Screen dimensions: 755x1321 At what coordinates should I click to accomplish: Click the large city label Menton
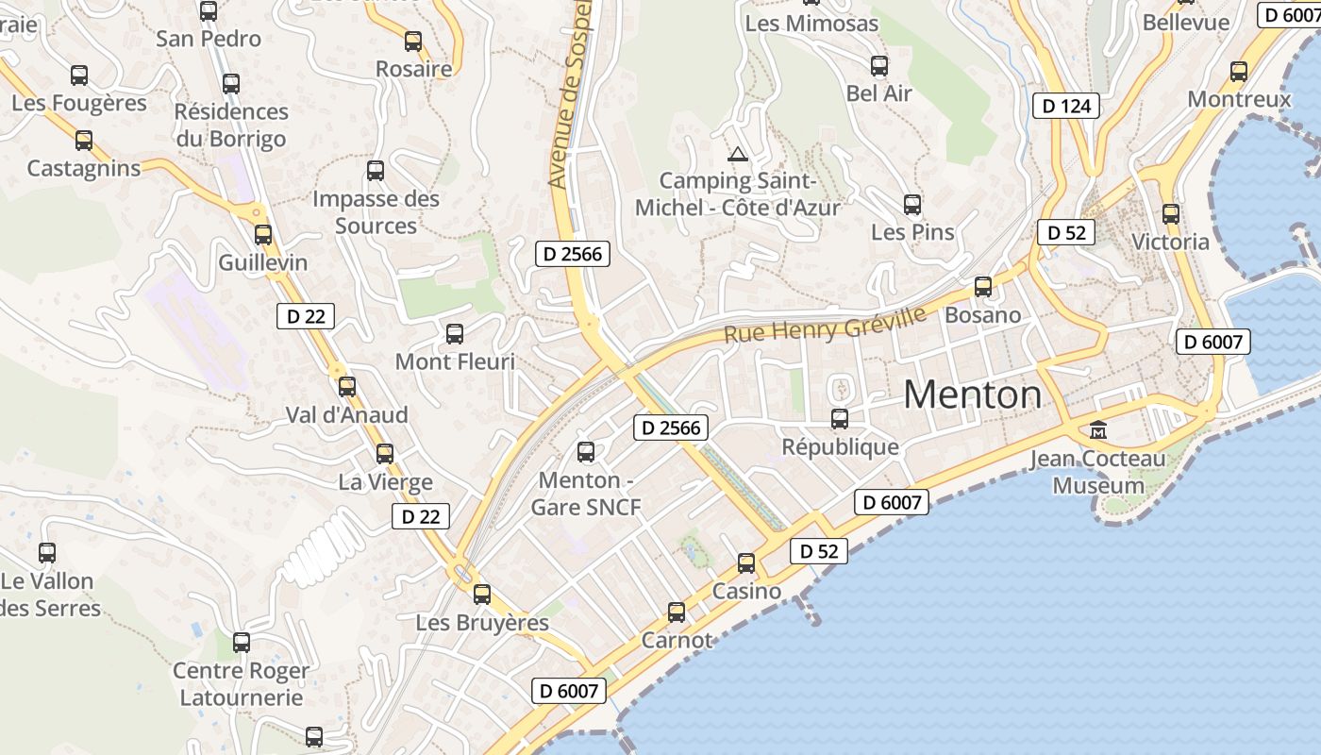pos(973,394)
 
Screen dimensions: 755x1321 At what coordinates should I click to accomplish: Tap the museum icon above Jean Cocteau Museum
pos(1098,430)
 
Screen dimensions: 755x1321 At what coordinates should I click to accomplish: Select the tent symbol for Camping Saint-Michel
pos(738,154)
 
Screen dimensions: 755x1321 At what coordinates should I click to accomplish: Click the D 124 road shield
pos(1067,106)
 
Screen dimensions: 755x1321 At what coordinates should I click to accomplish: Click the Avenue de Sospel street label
pos(570,94)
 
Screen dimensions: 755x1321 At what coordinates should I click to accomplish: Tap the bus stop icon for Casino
pos(746,563)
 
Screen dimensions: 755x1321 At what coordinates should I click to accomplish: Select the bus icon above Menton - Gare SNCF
pos(586,452)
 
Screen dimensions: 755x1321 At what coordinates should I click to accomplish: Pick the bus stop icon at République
pos(840,418)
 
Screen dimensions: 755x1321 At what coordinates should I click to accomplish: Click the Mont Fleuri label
pos(455,361)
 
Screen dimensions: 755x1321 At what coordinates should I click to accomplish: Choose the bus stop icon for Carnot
pos(677,612)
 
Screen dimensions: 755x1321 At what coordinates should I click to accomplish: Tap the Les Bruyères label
pos(482,623)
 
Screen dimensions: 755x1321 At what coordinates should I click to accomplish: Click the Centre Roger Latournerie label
pos(242,684)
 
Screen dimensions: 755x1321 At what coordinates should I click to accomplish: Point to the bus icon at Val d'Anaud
pos(347,386)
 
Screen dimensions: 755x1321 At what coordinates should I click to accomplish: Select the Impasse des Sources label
pos(376,212)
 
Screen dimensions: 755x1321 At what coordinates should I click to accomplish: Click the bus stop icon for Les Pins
pos(912,204)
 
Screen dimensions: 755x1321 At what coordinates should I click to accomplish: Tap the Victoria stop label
pos(1170,242)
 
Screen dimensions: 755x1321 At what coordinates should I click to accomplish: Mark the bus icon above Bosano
pos(983,287)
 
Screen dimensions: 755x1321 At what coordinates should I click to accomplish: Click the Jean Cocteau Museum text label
pos(1098,473)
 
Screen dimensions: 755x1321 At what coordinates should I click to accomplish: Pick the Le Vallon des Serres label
pos(47,595)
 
